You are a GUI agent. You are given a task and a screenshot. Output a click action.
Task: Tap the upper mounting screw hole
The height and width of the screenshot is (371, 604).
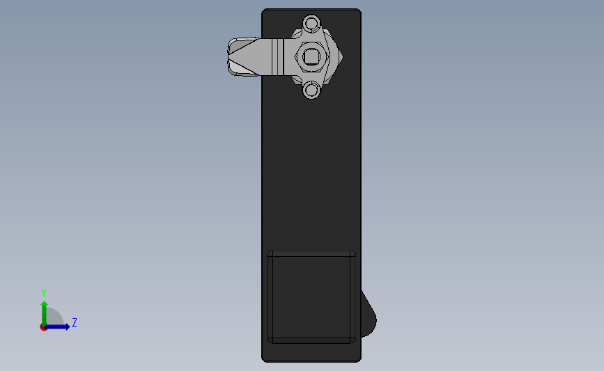(311, 24)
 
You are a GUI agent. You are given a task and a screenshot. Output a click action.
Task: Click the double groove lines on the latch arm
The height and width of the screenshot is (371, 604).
(279, 57)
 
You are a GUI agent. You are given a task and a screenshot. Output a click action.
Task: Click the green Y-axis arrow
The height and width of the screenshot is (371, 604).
(44, 309)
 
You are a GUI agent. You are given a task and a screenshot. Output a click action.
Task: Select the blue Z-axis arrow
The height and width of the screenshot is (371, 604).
(63, 326)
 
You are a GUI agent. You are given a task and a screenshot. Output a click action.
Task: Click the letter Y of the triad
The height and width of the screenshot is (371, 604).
(44, 293)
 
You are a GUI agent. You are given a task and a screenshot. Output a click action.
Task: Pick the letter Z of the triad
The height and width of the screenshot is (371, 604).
(74, 323)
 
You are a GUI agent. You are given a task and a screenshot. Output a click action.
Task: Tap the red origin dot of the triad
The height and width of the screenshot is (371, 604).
(44, 327)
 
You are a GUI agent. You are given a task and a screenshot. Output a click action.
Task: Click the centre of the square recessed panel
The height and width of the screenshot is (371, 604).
(312, 297)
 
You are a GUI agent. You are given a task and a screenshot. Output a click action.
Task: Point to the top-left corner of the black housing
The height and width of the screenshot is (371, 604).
(263, 10)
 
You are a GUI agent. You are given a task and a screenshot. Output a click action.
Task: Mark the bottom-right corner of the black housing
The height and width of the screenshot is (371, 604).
(359, 360)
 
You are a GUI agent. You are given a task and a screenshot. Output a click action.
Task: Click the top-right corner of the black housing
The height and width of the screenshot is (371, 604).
(359, 10)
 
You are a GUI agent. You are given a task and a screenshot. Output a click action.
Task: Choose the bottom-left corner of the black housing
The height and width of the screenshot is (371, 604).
(263, 360)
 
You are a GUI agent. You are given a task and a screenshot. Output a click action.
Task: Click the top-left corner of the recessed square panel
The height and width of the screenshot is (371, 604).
(269, 252)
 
